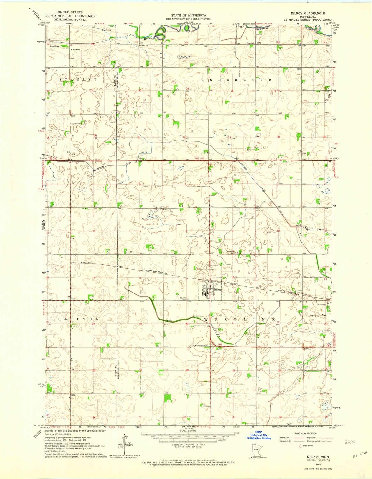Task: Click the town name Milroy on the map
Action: tap(217, 289)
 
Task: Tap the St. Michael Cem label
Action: tap(199, 345)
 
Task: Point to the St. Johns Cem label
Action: tap(183, 299)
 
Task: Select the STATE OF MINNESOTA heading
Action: tap(188, 15)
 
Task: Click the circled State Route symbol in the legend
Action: tap(300, 445)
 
